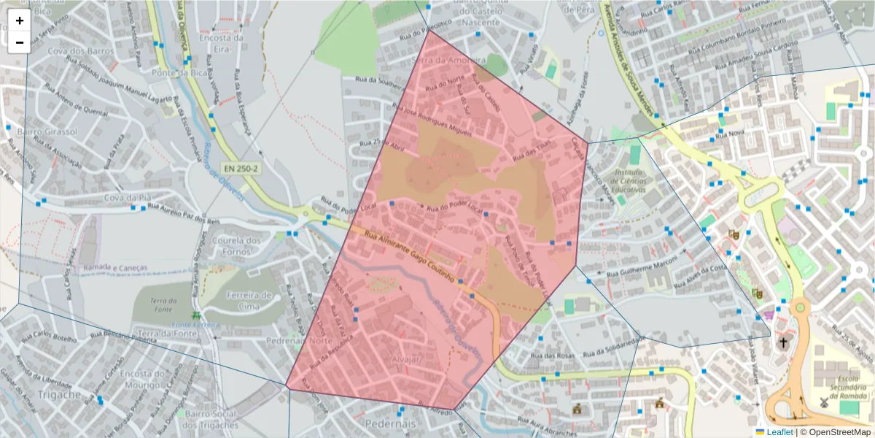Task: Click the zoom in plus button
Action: pyautogui.click(x=20, y=20)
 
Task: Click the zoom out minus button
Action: pyautogui.click(x=20, y=42)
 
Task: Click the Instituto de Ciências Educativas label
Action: pyautogui.click(x=630, y=180)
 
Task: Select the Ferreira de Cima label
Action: pyautogui.click(x=249, y=301)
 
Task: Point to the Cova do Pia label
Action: pyautogui.click(x=127, y=197)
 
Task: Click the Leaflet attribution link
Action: pyautogui.click(x=775, y=432)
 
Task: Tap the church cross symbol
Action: pyautogui.click(x=783, y=342)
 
